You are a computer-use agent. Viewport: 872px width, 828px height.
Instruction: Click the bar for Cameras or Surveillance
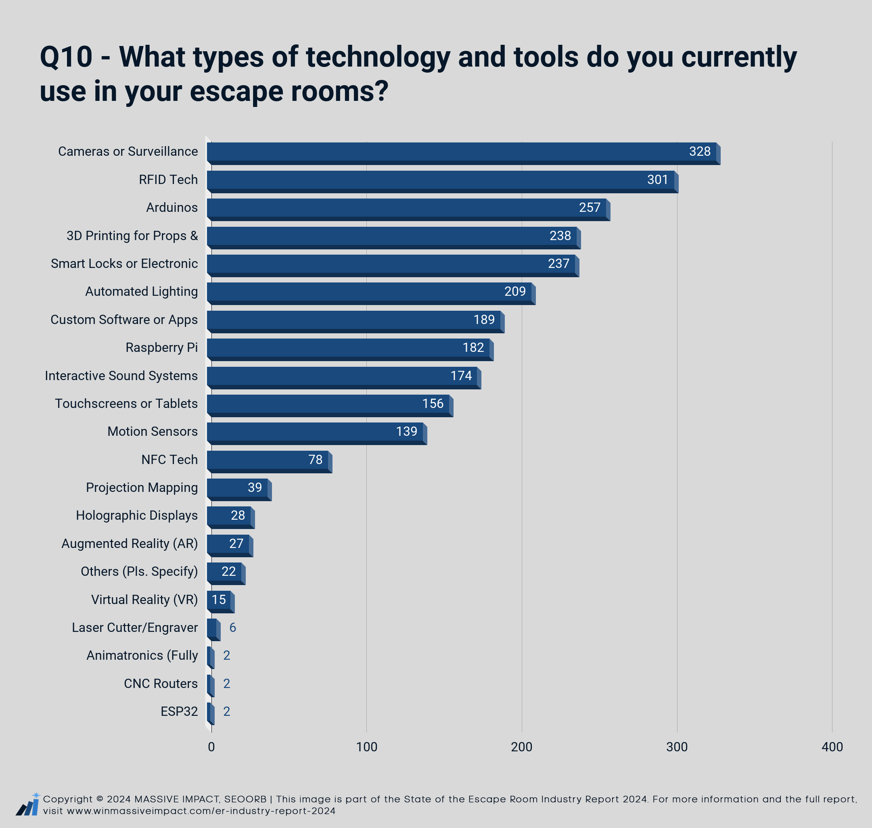click(463, 154)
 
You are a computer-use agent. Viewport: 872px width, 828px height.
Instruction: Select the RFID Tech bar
click(443, 182)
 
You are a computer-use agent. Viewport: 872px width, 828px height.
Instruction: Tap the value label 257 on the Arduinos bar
click(590, 207)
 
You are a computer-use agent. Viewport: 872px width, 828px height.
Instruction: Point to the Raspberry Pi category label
click(161, 348)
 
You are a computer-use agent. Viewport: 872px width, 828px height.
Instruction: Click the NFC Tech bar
click(270, 462)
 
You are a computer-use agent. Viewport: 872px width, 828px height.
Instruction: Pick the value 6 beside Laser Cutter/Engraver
click(232, 627)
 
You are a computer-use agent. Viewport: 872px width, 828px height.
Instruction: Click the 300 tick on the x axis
click(677, 747)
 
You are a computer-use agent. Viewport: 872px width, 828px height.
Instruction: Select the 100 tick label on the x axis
click(366, 747)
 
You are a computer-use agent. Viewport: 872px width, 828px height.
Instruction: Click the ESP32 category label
click(179, 711)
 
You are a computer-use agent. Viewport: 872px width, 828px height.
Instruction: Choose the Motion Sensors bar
click(317, 433)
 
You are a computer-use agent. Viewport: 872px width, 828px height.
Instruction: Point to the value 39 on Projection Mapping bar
click(255, 487)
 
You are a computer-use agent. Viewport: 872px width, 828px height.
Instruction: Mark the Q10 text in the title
click(66, 57)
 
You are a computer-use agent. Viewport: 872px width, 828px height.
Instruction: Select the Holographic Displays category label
click(137, 516)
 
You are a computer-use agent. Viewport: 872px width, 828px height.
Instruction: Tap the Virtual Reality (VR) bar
click(221, 602)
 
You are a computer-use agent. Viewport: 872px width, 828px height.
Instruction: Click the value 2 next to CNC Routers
click(226, 684)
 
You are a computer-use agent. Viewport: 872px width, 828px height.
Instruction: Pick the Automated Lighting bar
click(371, 293)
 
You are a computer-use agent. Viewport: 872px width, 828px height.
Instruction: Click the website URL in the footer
click(201, 811)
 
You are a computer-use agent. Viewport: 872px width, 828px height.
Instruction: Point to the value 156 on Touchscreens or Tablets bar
click(433, 404)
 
